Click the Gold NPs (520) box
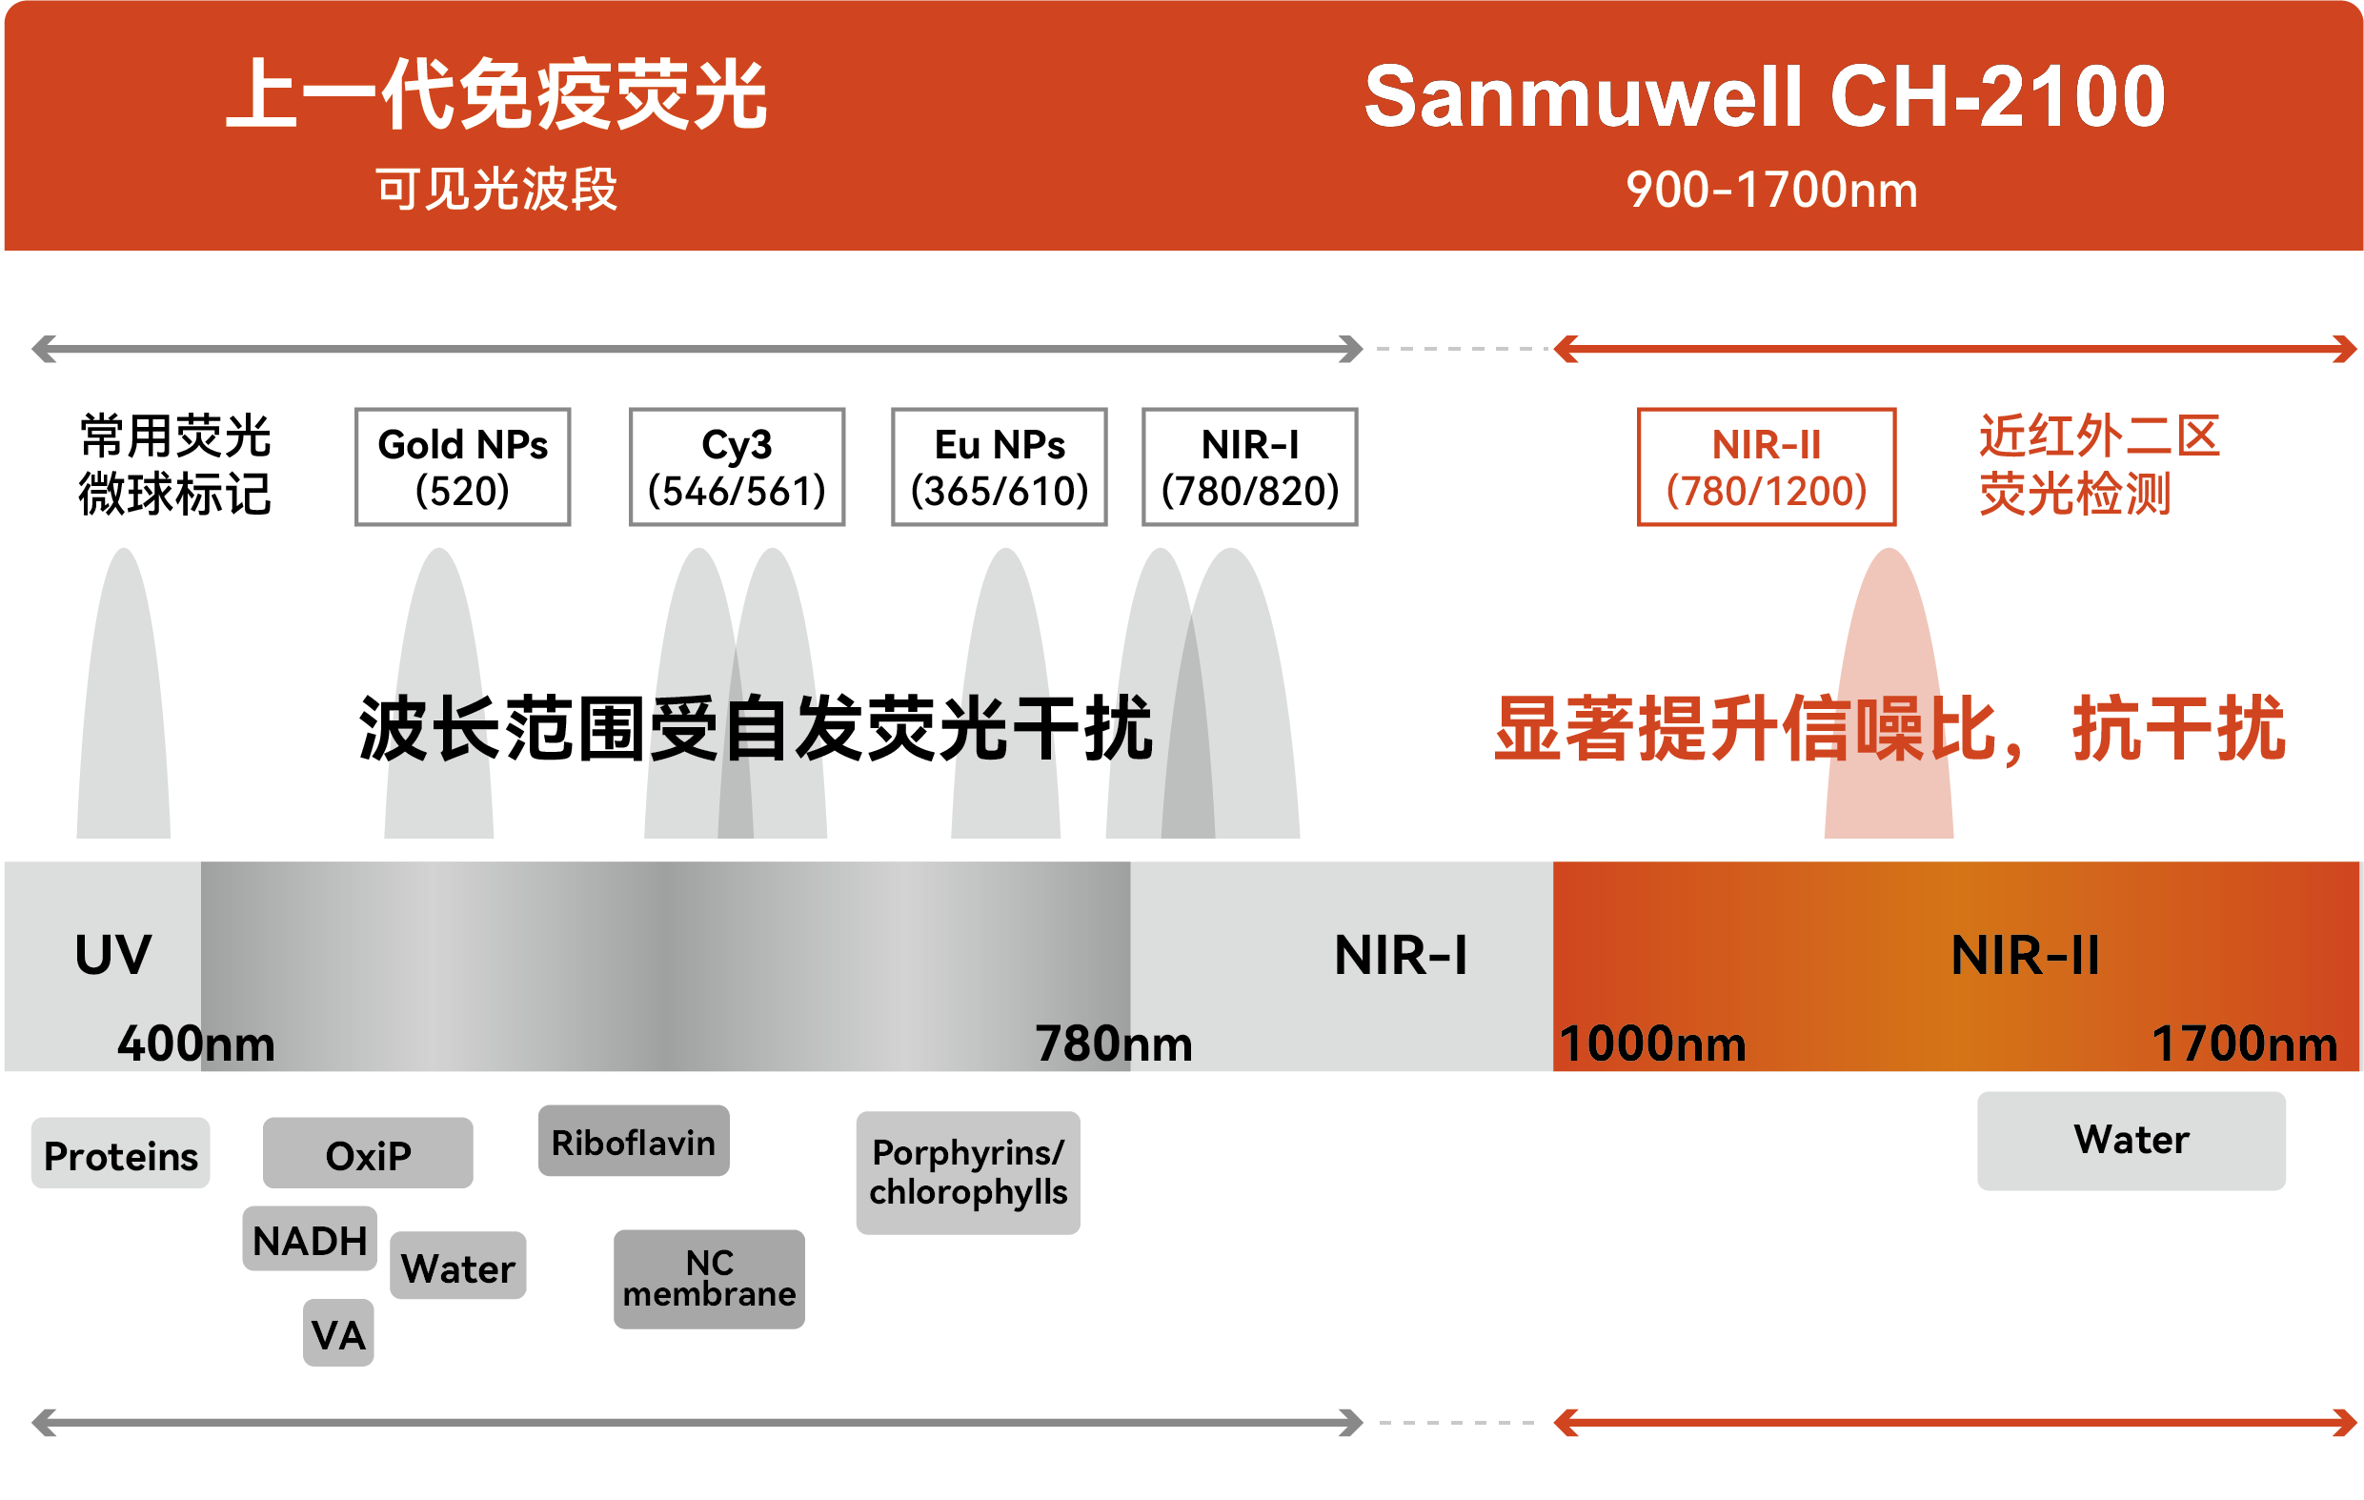462,467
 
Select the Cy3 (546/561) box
737,467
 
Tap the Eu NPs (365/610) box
1000,467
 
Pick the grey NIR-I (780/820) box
1250,467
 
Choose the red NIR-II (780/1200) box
1767,467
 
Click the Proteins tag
121,1153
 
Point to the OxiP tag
368,1153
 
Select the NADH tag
311,1239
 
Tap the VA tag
338,1333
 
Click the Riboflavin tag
635,1141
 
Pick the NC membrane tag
710,1279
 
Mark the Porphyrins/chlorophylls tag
968,1173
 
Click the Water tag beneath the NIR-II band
2132,1141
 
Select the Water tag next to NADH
458,1267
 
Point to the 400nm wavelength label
196,1044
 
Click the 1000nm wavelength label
1653,1044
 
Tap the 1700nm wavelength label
2245,1044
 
